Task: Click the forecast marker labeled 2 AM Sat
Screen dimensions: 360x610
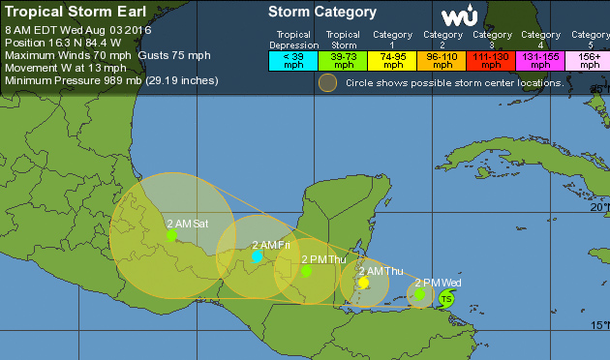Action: coord(171,235)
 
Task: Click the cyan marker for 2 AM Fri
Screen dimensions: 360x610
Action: coord(257,256)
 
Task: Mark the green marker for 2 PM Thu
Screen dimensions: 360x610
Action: coord(306,271)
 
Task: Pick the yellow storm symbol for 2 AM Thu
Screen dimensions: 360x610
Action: coord(362,283)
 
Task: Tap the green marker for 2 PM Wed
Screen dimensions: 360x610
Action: coord(420,293)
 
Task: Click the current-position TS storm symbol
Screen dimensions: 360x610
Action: coord(446,298)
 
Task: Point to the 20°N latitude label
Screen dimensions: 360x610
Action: coord(599,207)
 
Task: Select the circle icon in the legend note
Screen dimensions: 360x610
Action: coord(328,83)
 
